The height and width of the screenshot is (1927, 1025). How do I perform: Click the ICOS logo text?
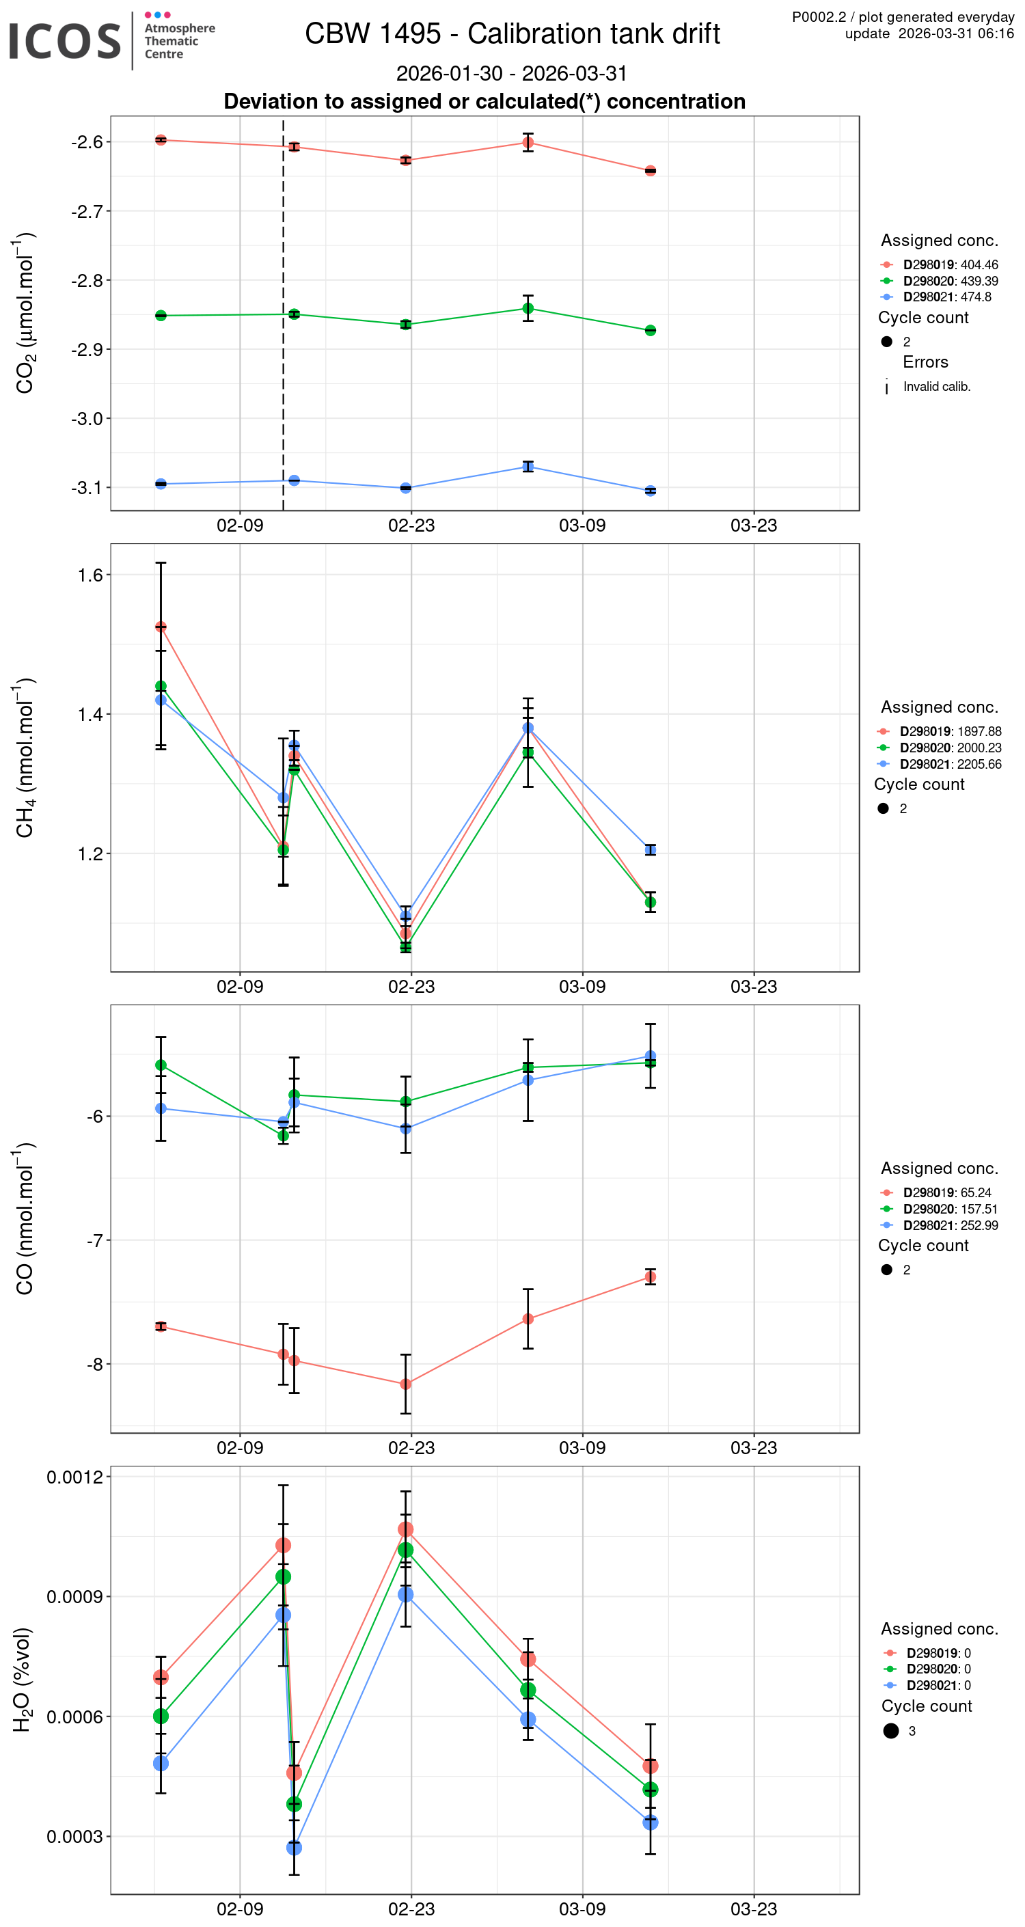coord(64,41)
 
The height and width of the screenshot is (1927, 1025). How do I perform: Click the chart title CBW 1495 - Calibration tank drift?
coord(512,33)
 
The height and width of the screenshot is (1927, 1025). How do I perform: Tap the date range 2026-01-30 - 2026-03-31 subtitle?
coord(512,73)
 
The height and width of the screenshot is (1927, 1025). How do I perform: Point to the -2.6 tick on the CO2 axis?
coord(87,142)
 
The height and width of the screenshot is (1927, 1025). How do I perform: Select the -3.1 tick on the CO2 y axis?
coord(87,488)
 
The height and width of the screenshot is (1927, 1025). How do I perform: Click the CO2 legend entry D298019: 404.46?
coord(951,265)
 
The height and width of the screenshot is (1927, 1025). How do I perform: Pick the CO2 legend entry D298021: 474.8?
coord(946,297)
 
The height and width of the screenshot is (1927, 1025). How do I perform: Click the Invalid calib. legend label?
coord(936,387)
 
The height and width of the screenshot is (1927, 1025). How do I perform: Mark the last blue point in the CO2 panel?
coord(650,491)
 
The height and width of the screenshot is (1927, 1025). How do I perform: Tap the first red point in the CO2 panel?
coord(161,140)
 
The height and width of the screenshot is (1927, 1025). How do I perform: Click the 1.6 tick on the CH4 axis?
coord(90,575)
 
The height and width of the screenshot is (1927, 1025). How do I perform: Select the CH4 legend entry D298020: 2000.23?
coord(951,748)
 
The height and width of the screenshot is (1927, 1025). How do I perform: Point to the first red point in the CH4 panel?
coord(161,627)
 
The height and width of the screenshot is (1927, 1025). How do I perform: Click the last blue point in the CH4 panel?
coord(650,850)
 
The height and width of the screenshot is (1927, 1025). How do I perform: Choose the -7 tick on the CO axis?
coord(94,1240)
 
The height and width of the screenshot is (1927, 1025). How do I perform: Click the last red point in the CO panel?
coord(650,1277)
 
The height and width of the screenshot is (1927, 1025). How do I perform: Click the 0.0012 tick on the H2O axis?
coord(74,1477)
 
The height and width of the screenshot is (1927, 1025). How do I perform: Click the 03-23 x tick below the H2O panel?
coord(754,1909)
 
